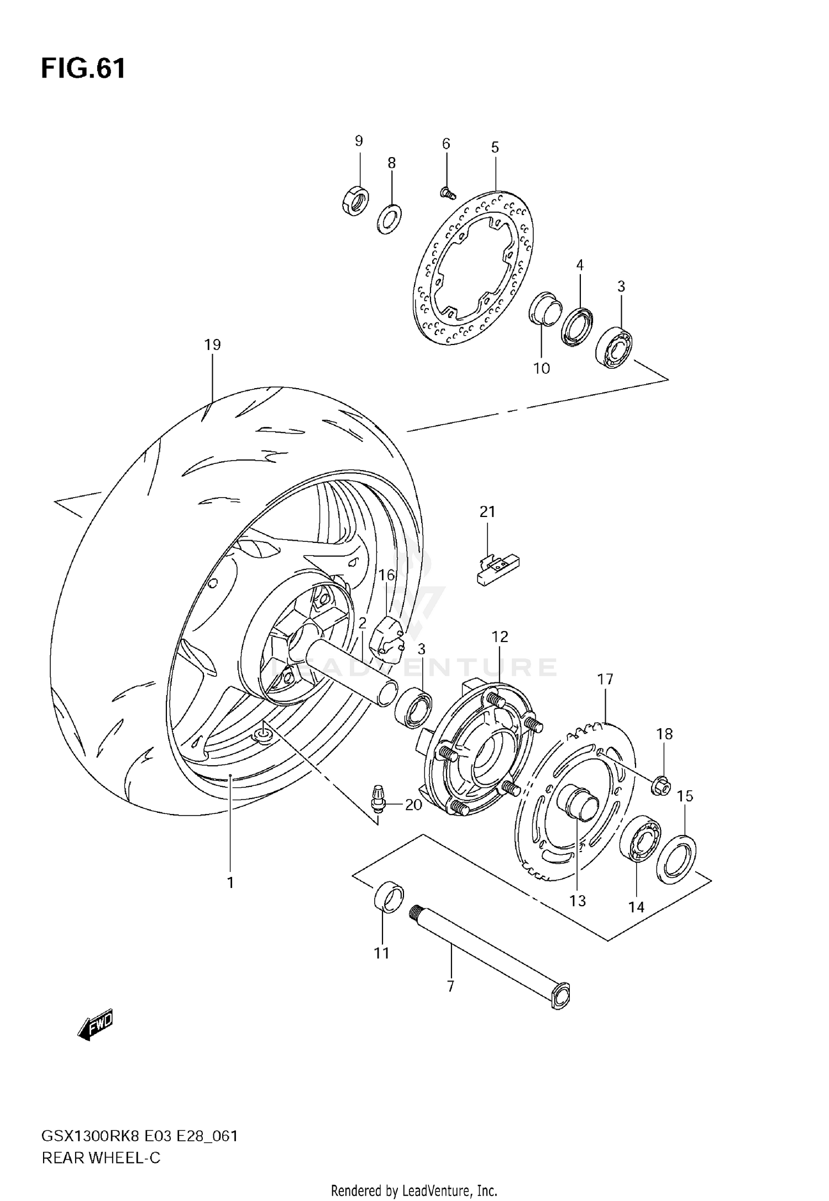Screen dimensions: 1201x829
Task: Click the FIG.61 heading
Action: tap(83, 69)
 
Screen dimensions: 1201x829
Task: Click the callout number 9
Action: tap(359, 141)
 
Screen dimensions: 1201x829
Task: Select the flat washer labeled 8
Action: tap(390, 219)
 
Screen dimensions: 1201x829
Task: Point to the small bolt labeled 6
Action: tap(447, 192)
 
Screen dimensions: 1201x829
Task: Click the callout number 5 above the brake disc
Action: tap(495, 147)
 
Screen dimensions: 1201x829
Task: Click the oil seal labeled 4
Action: tap(577, 326)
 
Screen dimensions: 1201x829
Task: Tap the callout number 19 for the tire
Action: tap(212, 345)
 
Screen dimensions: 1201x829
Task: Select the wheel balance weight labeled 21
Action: tap(497, 570)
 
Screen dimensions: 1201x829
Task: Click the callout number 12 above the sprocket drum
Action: tap(500, 637)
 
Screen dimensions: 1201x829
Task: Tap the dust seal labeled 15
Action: tap(676, 859)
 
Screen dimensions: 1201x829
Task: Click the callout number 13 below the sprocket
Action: tap(577, 901)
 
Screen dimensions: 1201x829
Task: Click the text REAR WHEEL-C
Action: tap(101, 1157)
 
